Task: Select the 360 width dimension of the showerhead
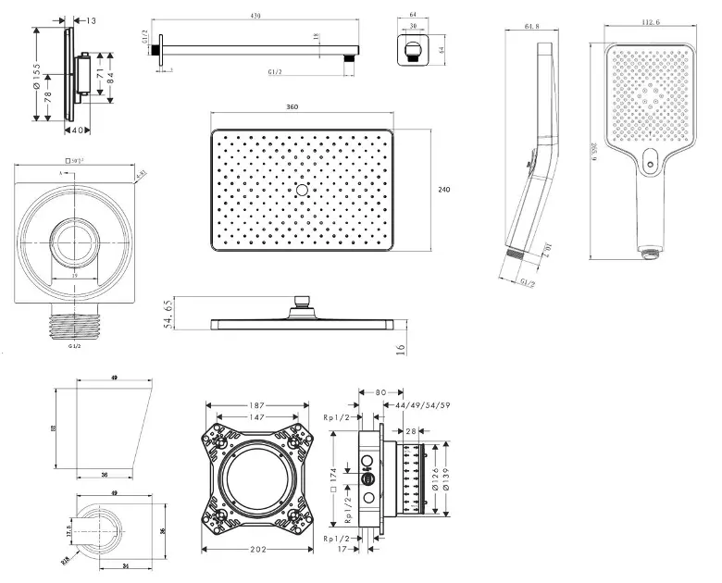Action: tap(293, 108)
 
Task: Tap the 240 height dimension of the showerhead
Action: tap(444, 190)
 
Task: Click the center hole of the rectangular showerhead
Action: tap(302, 191)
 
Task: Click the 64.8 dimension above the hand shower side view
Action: tap(531, 27)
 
